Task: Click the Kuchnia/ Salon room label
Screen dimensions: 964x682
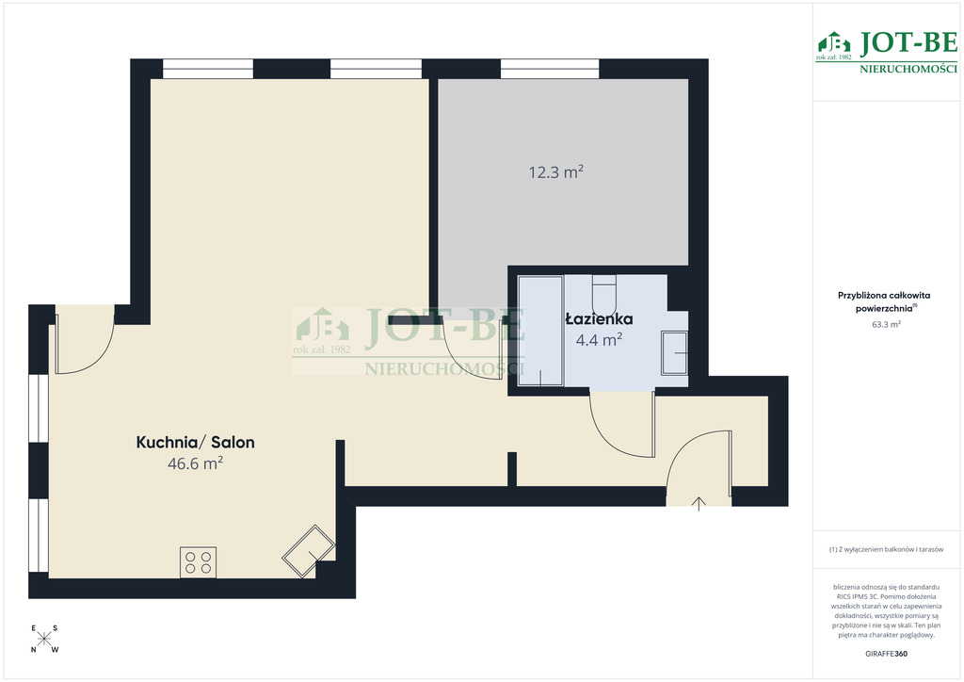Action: [x=195, y=442]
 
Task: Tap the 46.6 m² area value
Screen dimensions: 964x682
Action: [x=195, y=463]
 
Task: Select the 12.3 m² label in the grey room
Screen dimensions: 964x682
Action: [x=555, y=171]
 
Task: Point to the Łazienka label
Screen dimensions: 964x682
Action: [x=599, y=319]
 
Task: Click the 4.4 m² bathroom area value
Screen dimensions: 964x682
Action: [x=599, y=339]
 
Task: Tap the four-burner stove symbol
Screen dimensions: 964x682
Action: [x=198, y=562]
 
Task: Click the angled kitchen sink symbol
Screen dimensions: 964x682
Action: [x=309, y=551]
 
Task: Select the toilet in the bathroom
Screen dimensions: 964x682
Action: [x=603, y=295]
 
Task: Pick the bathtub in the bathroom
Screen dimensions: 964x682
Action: [x=540, y=331]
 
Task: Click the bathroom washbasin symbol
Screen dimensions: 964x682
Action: [x=674, y=353]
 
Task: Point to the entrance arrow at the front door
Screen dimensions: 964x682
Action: [x=699, y=503]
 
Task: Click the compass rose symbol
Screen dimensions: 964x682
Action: [x=44, y=639]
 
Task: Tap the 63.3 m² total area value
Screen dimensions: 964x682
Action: [x=886, y=324]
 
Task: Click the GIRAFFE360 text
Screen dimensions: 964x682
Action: [x=886, y=654]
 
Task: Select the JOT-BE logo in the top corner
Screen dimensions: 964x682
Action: [x=887, y=52]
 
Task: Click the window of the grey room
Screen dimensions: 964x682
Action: [x=550, y=68]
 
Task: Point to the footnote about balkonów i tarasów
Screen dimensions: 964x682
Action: [x=886, y=549]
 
